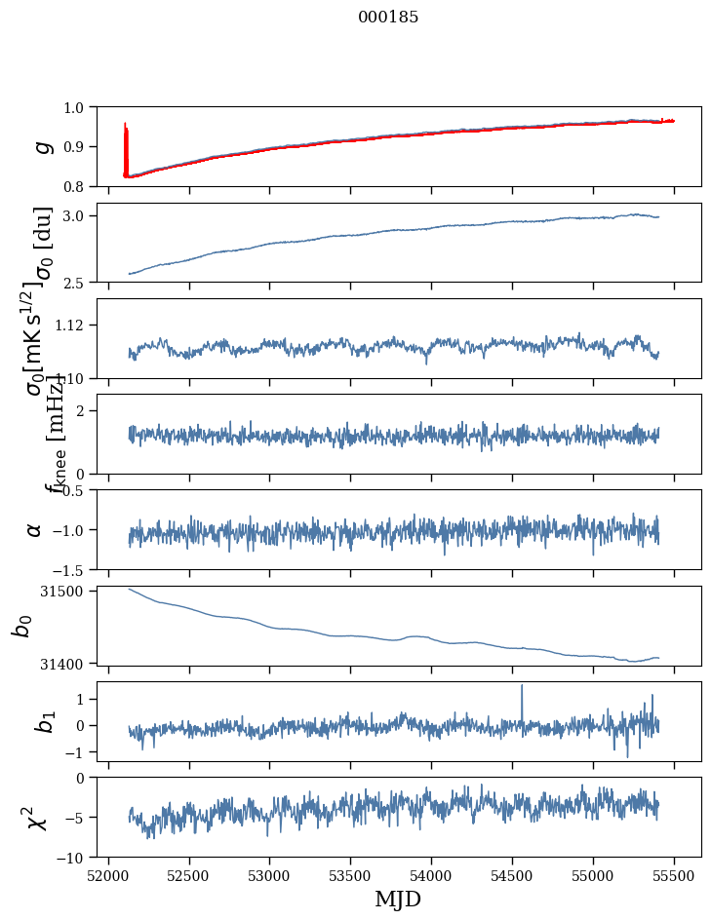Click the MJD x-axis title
(398, 900)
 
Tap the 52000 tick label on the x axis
(108, 874)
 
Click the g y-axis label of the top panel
(42, 146)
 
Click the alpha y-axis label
(34, 529)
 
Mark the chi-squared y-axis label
(36, 818)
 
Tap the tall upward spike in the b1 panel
(522, 688)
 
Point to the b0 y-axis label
(21, 626)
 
